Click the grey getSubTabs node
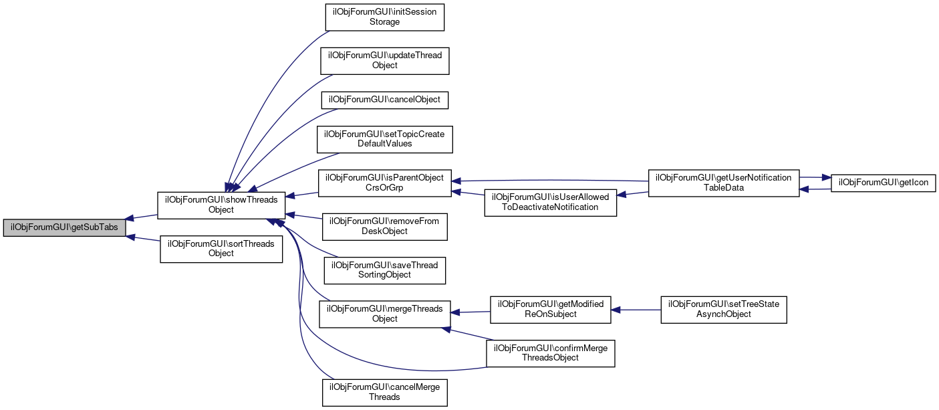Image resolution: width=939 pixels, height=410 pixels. pos(64,227)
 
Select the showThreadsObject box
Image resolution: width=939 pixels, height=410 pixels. pos(221,205)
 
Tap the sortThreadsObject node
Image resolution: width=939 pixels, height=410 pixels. pos(221,249)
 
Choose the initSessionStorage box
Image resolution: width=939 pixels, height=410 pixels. pos(385,17)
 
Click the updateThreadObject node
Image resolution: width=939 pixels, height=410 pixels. pos(384,60)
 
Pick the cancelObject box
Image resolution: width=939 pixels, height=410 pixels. pos(384,100)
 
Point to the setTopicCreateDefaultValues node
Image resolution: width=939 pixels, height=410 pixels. pos(385,138)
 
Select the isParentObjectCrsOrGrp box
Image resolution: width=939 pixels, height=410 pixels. pos(384,183)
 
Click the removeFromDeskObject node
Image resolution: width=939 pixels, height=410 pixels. pos(384,226)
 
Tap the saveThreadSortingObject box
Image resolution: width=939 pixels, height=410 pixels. pos(384,270)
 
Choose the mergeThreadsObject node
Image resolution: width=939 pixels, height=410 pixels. pos(384,314)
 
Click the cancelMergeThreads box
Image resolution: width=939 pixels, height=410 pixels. pos(384,392)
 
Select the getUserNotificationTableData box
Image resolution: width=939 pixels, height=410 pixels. pos(724,183)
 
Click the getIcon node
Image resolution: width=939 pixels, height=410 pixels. pos(883,183)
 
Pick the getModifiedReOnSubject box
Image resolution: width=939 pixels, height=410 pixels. pos(550,309)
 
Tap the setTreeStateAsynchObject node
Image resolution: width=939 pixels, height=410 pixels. pos(724,309)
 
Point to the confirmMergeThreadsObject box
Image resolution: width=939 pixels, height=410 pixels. pos(550,352)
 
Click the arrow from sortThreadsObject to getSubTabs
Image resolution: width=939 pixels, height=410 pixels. pos(143,239)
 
